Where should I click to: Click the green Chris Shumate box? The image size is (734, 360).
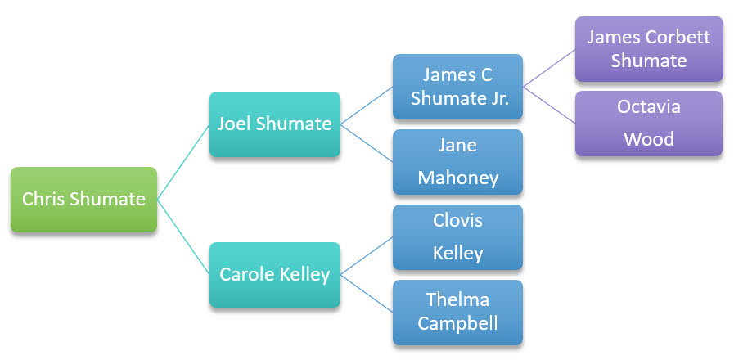[83, 199]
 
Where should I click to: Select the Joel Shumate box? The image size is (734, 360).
[274, 124]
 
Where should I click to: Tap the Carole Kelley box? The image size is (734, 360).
[274, 274]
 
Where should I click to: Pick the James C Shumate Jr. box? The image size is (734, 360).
[457, 87]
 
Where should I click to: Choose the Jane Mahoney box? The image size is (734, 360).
[457, 162]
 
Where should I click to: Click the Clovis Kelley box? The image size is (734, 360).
[457, 237]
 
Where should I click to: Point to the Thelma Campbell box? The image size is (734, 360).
[457, 312]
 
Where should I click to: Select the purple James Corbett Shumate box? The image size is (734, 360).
[648, 49]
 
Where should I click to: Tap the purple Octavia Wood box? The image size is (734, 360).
[648, 124]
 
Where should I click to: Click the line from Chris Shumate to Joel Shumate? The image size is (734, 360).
[183, 160]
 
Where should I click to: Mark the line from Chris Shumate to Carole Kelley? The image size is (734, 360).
[183, 236]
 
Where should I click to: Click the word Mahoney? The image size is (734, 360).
[457, 178]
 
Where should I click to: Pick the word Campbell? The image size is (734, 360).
[457, 323]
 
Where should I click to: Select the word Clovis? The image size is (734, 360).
[457, 221]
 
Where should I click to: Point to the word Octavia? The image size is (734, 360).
[648, 107]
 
